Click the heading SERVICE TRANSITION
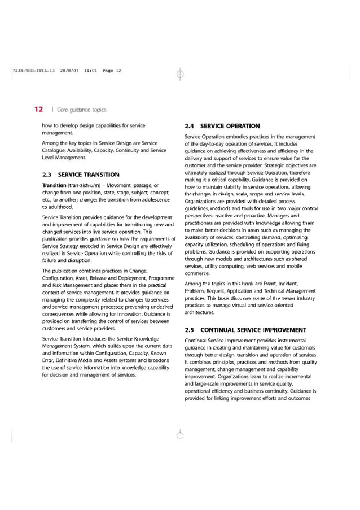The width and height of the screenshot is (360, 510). pyautogui.click(x=89, y=175)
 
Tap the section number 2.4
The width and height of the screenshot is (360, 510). pyautogui.click(x=191, y=126)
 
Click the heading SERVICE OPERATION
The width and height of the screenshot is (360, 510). pyautogui.click(x=230, y=126)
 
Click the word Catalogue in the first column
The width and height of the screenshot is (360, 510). pyautogui.click(x=56, y=150)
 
